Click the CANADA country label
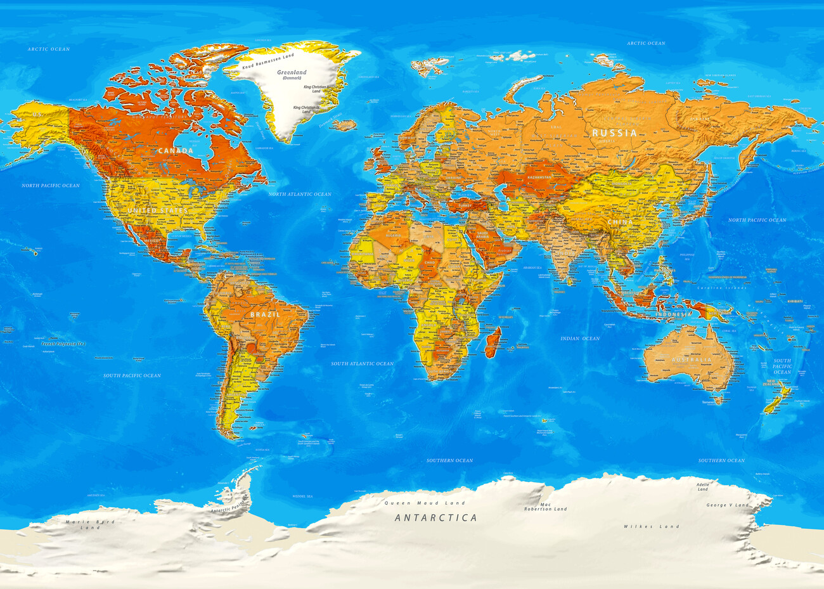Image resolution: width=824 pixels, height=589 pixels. pos(176,151)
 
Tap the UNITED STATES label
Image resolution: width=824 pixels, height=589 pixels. pos(157,210)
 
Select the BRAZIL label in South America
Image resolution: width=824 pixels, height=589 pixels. pos(265,314)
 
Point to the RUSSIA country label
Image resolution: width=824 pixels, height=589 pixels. pos(614,133)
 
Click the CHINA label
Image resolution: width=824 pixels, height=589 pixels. pos(619,223)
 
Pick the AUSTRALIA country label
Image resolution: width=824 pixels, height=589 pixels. pos(692,360)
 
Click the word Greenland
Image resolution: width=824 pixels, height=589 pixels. pos(292,72)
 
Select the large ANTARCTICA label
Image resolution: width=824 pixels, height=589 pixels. pos(436,518)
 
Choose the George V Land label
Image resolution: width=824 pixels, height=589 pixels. pos(727,505)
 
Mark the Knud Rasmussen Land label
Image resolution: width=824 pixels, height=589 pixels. pos(273,60)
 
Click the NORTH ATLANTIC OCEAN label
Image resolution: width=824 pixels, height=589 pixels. pos(300,194)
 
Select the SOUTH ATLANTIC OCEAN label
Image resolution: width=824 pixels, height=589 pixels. pos(362,364)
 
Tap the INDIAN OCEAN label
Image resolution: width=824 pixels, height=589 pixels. pos(579,339)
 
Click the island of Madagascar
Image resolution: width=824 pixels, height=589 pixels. pos(493,341)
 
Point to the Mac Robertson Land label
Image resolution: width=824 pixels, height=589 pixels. pos(545,507)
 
